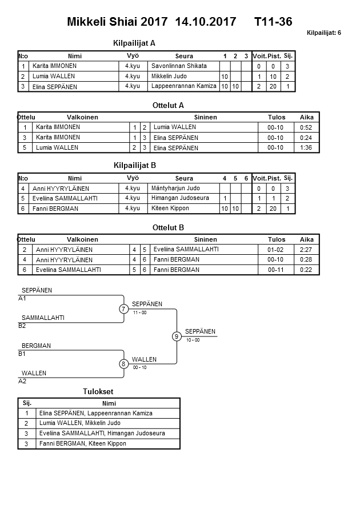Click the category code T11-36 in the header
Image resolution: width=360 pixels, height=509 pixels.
274,22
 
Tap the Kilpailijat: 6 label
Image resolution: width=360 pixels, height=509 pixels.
324,33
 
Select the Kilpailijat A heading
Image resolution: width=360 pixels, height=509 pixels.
135,43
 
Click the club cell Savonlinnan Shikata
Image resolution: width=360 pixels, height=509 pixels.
179,66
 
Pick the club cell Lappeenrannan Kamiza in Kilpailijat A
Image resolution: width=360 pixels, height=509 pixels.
184,86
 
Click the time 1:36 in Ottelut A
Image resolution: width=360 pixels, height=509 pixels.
306,147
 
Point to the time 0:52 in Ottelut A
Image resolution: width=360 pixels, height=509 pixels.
306,127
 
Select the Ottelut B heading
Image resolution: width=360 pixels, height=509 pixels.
169,227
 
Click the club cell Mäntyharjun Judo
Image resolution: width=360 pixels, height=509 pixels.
176,188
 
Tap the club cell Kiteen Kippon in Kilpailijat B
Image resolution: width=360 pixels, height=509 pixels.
170,209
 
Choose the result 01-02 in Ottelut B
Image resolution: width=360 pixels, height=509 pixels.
276,250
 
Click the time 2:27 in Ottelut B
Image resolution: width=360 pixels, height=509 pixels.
306,250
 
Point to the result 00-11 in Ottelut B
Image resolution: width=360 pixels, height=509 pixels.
276,270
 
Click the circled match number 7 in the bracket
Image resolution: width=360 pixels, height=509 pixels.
124,309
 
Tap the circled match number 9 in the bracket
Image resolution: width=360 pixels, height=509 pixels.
177,336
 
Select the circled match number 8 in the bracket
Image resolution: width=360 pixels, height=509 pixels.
124,364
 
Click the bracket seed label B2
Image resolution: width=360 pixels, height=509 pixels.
22,326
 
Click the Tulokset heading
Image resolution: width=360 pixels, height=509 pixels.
98,391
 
